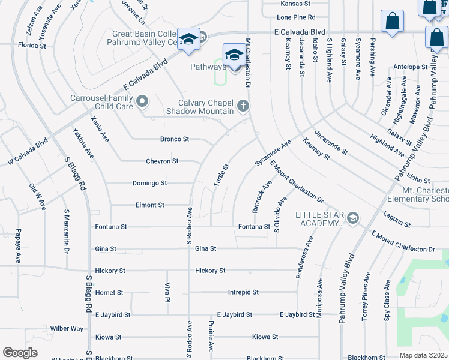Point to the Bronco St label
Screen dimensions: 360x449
tap(175, 139)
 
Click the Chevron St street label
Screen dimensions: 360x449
tap(162, 161)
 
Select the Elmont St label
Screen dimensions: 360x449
tap(149, 205)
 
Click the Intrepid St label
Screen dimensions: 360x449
tap(243, 293)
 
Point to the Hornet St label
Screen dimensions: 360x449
tap(109, 293)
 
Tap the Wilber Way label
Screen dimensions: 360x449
tap(67, 329)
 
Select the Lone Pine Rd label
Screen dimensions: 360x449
tap(296, 18)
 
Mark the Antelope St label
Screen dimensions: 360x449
tap(409, 67)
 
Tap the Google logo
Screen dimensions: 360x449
tap(20, 353)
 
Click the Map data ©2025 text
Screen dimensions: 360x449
tap(423, 355)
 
